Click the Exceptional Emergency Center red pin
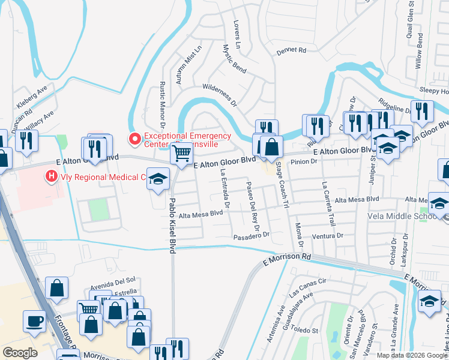tap(135, 139)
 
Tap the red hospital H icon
tap(52, 177)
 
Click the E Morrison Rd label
tap(288, 259)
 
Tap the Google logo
tap(20, 353)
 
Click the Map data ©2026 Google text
tap(411, 355)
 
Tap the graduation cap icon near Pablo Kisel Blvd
tap(158, 179)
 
